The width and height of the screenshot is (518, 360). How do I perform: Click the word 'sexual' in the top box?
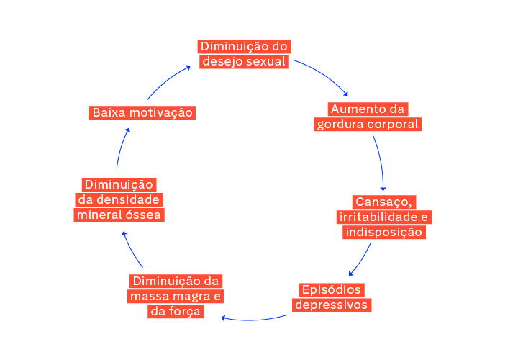pos(267,62)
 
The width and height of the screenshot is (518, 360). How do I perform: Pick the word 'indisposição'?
pos(384,233)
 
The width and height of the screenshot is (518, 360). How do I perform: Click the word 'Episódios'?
pos(331,289)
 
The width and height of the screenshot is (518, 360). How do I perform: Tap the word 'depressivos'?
pos(332,305)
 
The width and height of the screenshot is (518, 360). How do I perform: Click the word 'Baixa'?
pos(110,112)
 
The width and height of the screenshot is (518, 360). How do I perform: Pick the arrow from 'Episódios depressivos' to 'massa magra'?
pos(255,318)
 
